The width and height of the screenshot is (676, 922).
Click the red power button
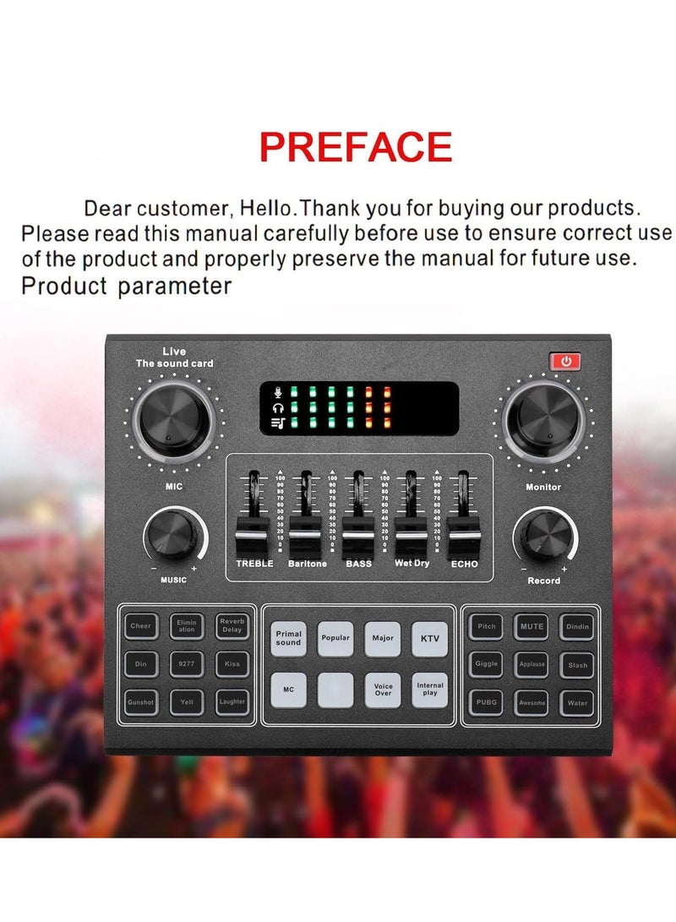(565, 362)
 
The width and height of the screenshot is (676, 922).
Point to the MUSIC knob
(175, 537)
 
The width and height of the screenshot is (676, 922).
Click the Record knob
(543, 537)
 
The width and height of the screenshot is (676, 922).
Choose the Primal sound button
(288, 639)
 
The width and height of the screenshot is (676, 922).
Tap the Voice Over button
(383, 690)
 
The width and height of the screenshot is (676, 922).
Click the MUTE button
(532, 627)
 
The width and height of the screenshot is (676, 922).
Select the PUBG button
(486, 702)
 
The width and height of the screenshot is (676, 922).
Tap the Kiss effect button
(232, 664)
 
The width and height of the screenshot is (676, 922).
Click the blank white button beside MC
(335, 690)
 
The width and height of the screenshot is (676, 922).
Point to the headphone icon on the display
(279, 407)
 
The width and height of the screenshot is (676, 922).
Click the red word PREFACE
(356, 147)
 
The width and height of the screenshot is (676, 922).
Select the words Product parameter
(126, 286)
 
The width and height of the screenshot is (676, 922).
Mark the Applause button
(532, 664)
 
